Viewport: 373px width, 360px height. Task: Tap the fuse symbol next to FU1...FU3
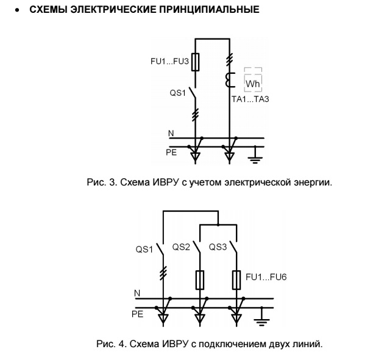click(195, 62)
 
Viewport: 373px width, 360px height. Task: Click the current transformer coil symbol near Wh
click(230, 79)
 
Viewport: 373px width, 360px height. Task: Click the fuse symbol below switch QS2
click(200, 280)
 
